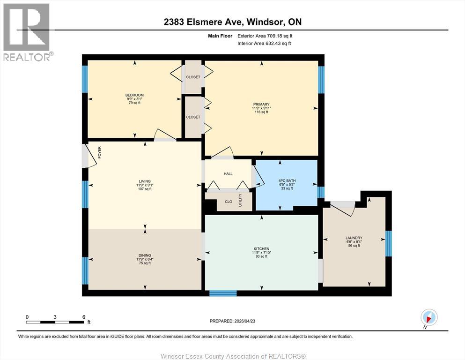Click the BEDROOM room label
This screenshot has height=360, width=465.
click(134, 95)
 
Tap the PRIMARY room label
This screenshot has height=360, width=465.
click(261, 105)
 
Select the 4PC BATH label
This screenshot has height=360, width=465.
click(287, 181)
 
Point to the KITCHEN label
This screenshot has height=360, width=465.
click(261, 249)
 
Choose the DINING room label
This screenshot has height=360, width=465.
click(145, 255)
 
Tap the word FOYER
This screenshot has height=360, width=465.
click(100, 152)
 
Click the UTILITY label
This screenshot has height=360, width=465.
click(240, 200)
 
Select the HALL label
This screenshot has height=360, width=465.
click(228, 174)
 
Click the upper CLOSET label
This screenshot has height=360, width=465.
click(193, 77)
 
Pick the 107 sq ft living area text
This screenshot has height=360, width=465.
click(145, 189)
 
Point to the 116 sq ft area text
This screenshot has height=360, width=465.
click(261, 112)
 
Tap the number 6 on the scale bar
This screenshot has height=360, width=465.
click(84, 317)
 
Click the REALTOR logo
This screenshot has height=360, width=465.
click(27, 32)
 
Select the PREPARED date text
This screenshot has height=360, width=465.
click(232, 321)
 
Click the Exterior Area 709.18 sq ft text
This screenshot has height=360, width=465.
click(265, 36)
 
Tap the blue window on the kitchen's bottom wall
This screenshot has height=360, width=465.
click(223, 293)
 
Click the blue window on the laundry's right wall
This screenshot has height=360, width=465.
click(389, 243)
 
